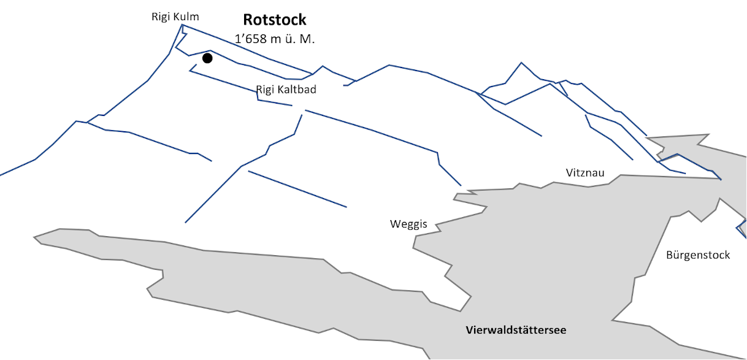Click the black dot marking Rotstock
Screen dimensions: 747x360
pos(207,58)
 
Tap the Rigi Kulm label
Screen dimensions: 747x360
pos(175,17)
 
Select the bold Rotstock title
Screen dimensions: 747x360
pos(275,20)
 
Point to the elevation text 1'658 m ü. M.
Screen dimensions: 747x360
pos(275,39)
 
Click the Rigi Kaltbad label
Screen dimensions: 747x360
pos(286,90)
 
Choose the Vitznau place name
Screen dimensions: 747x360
pos(585,173)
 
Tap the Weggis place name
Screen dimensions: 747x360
pos(408,224)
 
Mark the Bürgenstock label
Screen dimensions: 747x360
pos(698,255)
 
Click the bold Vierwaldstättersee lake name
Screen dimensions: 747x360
pos(516,330)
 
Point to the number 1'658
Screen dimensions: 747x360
pos(251,39)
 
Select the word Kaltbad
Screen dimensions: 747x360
pos(297,90)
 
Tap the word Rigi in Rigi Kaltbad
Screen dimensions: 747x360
pos(265,90)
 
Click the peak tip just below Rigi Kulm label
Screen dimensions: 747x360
pos(182,25)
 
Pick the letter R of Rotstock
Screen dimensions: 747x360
pos(248,20)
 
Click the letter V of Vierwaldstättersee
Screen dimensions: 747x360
pos(470,330)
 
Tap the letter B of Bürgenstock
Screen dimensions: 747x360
pos(670,255)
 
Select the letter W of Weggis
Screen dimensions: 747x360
pos(395,223)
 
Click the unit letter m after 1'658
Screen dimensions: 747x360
pos(275,40)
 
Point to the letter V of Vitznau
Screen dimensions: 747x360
pos(570,173)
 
